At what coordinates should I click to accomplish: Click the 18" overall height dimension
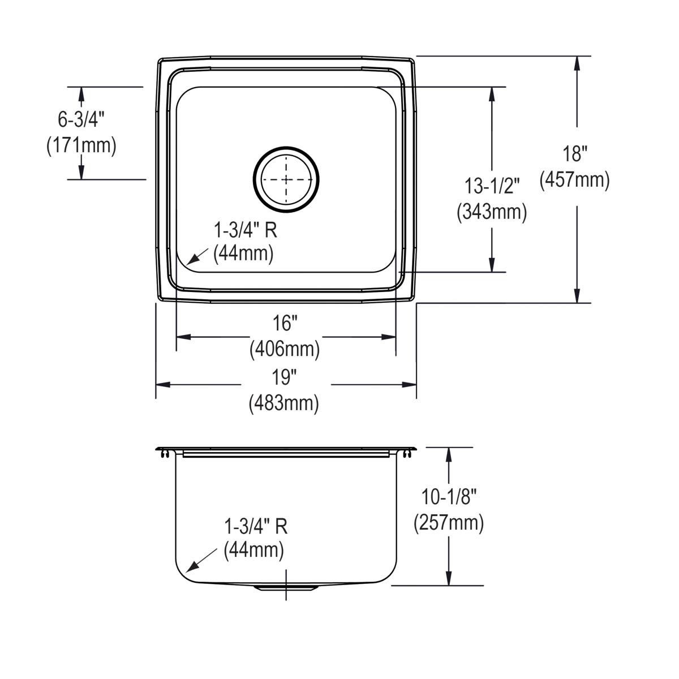tap(575, 154)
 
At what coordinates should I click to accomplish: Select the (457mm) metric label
tap(575, 180)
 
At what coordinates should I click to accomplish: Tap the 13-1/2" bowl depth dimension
tap(492, 186)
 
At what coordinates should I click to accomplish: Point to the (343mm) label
tap(492, 212)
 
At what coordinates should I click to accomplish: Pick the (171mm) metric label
tap(81, 145)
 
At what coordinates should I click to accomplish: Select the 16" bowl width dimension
tap(285, 323)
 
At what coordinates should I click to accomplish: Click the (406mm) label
tap(285, 349)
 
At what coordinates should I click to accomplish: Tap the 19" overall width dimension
tap(285, 377)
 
